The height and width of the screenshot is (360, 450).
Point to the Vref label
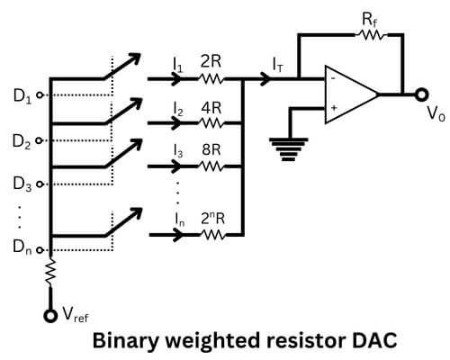click(75, 316)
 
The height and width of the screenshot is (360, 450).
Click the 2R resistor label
click(210, 63)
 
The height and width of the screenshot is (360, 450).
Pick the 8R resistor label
click(210, 150)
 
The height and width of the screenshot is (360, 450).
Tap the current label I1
click(178, 63)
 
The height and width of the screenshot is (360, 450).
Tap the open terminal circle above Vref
click(50, 315)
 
